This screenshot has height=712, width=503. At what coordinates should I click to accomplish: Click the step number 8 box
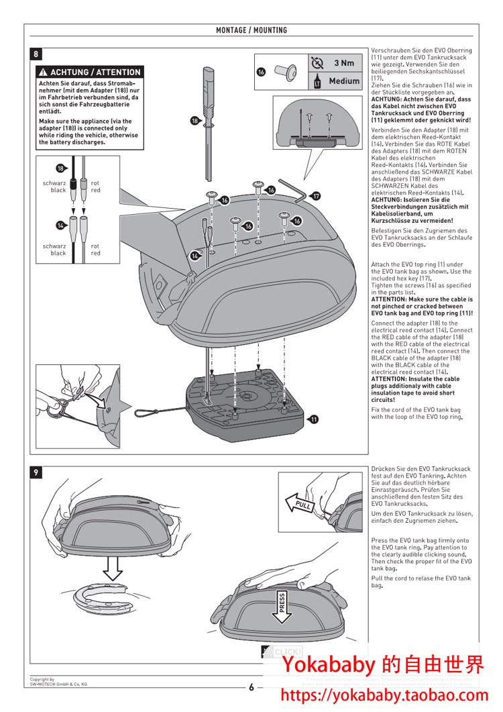[x=36, y=54]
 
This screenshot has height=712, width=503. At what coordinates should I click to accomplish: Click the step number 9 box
[x=36, y=472]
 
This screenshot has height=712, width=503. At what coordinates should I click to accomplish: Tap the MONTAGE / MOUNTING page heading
[x=251, y=30]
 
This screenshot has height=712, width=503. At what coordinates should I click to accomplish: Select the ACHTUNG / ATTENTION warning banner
[x=90, y=72]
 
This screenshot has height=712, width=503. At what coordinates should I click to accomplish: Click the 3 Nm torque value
[x=343, y=63]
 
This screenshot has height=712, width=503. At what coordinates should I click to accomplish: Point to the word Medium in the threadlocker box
[x=344, y=81]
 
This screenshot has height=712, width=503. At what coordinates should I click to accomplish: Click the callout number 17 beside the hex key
[x=316, y=197]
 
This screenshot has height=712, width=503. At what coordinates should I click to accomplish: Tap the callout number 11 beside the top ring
[x=314, y=419]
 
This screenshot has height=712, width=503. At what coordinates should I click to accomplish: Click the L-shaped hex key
[x=292, y=189]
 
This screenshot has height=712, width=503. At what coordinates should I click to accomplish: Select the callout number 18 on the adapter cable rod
[x=194, y=121]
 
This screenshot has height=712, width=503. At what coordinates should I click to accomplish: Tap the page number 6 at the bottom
[x=251, y=687]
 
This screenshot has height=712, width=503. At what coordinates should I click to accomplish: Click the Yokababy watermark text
[x=382, y=665]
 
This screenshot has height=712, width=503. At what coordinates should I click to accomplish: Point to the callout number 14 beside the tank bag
[x=194, y=256]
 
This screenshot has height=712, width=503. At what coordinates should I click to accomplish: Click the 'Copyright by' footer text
[x=42, y=679]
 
